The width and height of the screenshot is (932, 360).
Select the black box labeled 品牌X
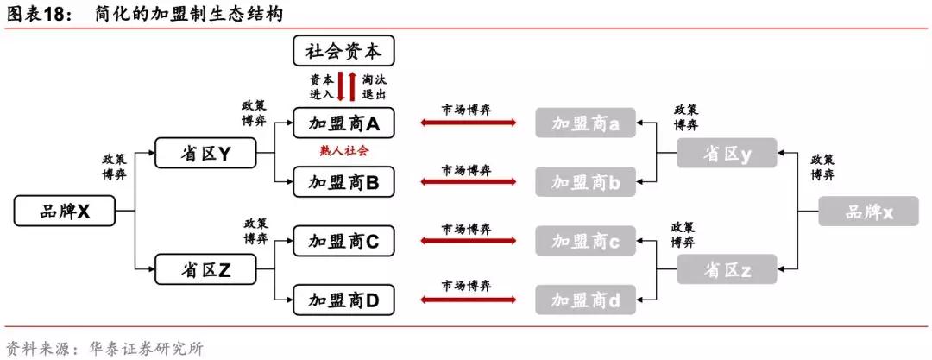65,211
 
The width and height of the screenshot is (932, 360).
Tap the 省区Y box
206,154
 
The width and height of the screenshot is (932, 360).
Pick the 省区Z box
206,269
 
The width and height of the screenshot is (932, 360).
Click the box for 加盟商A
343,123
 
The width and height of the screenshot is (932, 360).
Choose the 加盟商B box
343,181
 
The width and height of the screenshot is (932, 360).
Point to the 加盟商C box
343,241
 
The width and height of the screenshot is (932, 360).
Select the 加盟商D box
343,299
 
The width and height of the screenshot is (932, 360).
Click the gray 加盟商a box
585,123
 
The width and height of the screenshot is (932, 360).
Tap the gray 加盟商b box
585,181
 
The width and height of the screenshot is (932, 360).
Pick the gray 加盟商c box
585,241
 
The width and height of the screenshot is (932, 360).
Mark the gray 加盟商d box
585,299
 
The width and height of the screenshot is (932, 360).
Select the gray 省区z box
727,269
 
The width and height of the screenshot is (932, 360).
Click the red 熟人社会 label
343,151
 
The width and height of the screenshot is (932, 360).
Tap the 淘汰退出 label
375,85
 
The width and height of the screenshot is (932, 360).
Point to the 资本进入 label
321,85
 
